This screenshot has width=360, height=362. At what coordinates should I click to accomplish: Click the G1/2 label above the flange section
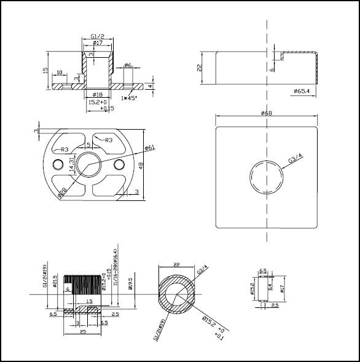coord(97,37)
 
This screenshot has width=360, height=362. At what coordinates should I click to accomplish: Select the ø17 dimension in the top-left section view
coord(97,44)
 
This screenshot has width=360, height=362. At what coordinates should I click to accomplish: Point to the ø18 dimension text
coord(97,94)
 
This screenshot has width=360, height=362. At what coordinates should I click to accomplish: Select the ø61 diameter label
coord(149,148)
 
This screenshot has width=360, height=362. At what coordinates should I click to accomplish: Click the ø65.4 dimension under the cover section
coord(302,91)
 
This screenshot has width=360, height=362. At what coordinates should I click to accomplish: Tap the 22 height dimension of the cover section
coord(200,68)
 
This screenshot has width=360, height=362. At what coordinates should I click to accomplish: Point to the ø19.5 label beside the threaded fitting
coord(130,283)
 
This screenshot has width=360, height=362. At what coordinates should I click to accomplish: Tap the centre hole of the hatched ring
coord(177,295)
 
